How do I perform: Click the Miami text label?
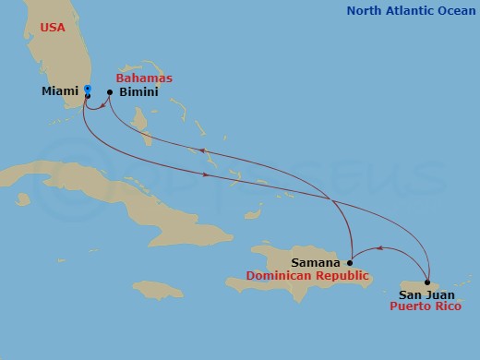(x=59, y=92)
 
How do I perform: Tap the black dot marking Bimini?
(x=110, y=92)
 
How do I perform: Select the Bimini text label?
(x=139, y=93)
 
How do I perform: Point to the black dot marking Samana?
(x=349, y=263)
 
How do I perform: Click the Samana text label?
(x=316, y=263)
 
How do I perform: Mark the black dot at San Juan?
(x=428, y=282)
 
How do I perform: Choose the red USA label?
(x=53, y=28)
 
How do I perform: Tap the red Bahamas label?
(x=144, y=78)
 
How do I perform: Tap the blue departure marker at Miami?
(x=87, y=89)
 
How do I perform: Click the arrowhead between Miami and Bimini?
(x=99, y=104)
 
